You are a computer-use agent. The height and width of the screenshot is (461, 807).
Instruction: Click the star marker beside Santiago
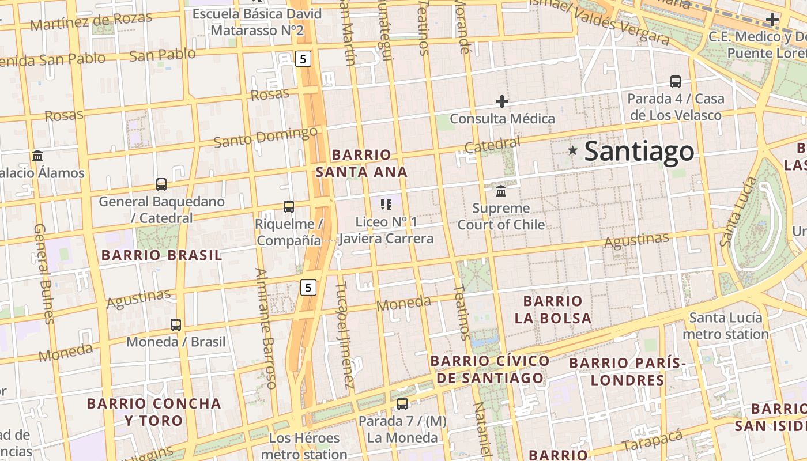(x=572, y=150)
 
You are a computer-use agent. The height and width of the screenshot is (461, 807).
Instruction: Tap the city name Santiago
(x=639, y=151)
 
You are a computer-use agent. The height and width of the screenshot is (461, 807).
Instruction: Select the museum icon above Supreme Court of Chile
(x=501, y=191)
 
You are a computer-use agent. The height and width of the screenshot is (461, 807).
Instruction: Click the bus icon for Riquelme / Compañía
(x=289, y=206)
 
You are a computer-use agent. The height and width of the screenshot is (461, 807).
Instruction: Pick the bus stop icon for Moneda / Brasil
(x=176, y=324)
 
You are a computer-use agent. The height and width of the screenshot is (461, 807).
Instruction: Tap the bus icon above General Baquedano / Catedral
(x=161, y=184)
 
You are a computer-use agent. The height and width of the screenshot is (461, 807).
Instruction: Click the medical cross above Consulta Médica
(x=502, y=101)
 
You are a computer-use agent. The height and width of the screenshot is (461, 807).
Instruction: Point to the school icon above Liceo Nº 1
(x=386, y=204)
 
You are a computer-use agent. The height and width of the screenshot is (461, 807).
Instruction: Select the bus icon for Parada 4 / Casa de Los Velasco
(x=676, y=81)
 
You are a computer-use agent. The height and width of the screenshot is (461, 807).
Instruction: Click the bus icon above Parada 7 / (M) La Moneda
(x=402, y=404)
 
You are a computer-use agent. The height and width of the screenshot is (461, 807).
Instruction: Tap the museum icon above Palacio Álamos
(x=38, y=156)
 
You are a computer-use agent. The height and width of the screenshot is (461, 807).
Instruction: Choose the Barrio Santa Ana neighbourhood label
(x=361, y=163)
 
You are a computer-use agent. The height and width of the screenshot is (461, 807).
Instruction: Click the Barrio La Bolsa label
(x=553, y=309)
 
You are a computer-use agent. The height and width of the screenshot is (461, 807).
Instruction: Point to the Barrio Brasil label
(x=161, y=255)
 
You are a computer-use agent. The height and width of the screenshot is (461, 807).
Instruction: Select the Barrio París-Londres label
(x=627, y=372)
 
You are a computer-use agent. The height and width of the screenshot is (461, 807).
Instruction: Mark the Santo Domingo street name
(x=265, y=137)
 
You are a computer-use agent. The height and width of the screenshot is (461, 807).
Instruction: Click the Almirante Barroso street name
(x=266, y=328)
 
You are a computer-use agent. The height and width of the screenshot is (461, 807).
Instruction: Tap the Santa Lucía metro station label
(x=725, y=326)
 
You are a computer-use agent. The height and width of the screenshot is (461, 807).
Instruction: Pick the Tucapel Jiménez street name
(x=345, y=334)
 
